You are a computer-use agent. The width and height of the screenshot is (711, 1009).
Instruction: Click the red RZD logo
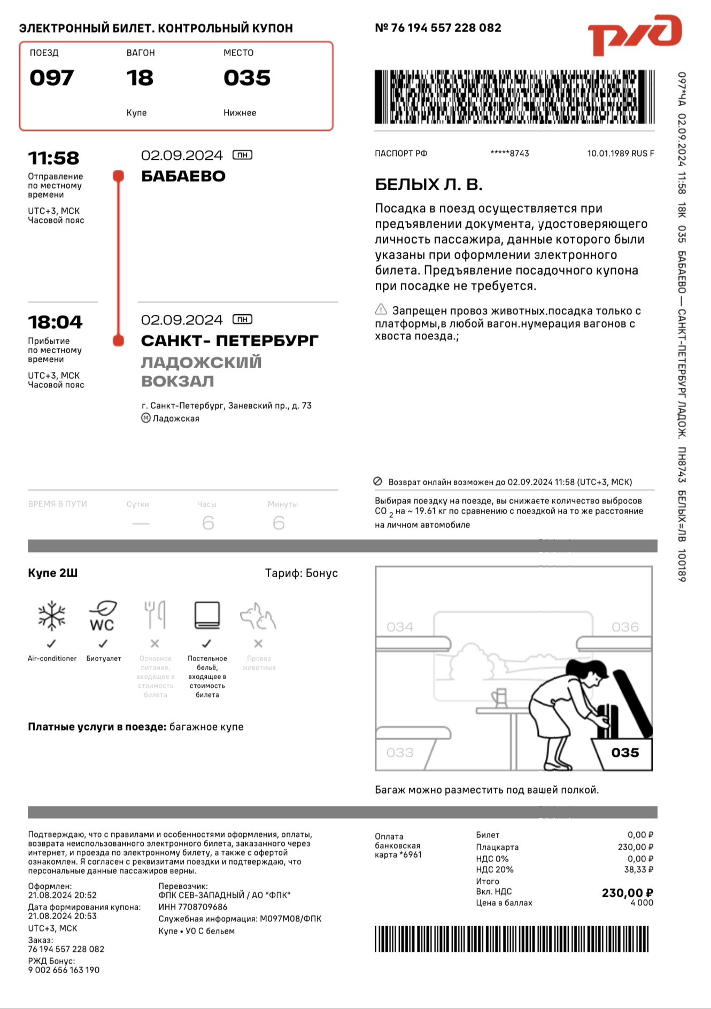(634, 35)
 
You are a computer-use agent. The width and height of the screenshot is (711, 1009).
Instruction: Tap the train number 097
(51, 78)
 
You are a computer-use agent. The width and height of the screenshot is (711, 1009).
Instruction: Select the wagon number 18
(140, 78)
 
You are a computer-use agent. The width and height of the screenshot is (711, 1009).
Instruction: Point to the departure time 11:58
(53, 158)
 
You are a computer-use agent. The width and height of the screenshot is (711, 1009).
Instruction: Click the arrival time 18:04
(55, 322)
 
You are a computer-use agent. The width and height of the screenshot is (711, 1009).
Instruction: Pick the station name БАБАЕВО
(183, 176)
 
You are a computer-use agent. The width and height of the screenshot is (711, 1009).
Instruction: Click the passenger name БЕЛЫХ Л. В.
(429, 185)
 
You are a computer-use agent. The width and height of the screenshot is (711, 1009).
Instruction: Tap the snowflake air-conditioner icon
(52, 616)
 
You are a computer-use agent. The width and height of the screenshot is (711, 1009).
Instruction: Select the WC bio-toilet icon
(103, 616)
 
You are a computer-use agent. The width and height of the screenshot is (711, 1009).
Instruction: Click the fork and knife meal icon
(155, 615)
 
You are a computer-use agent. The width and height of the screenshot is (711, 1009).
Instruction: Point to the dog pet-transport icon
(258, 616)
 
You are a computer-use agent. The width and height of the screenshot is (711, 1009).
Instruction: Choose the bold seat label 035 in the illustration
(625, 752)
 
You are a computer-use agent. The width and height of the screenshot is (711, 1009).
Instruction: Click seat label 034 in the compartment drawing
(400, 627)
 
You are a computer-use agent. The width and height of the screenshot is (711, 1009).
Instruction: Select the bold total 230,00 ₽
(627, 893)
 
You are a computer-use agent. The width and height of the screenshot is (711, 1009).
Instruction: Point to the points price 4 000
(642, 903)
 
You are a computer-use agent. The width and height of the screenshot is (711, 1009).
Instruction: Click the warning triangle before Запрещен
(381, 309)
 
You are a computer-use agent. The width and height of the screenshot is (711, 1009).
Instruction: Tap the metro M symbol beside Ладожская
(146, 418)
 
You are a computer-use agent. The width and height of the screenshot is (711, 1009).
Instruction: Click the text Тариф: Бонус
(302, 573)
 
